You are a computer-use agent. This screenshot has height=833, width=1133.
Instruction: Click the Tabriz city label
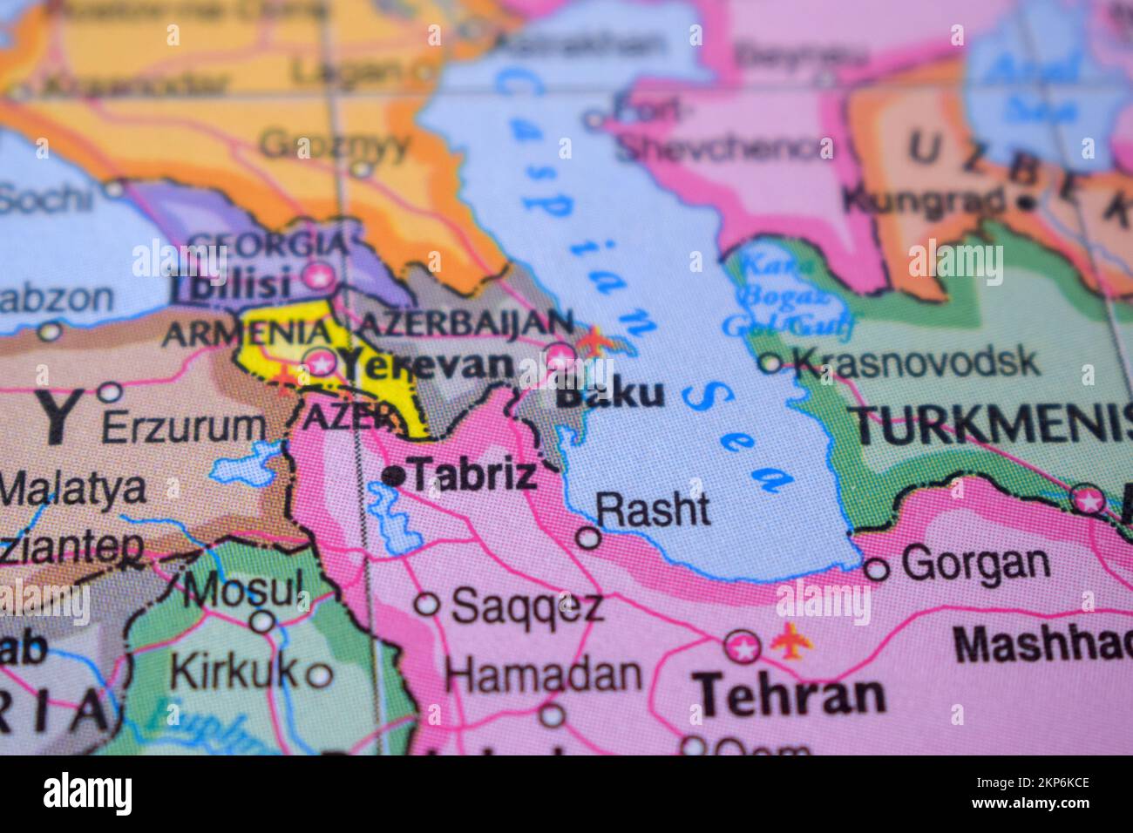(473, 475)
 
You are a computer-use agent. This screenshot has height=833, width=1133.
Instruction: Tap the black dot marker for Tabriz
(395, 476)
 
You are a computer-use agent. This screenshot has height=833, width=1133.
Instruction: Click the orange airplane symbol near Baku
(595, 339)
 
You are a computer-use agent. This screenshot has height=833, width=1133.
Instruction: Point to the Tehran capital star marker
(743, 647)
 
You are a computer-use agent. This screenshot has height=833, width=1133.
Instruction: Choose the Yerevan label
(425, 364)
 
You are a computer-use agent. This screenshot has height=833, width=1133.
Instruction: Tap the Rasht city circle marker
(589, 538)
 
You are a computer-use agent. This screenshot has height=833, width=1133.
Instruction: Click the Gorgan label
(975, 564)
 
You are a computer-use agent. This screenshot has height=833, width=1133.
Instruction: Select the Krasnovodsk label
(917, 361)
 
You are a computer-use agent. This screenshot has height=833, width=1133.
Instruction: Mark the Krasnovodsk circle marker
(770, 362)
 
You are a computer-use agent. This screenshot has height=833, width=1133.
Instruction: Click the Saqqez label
(527, 605)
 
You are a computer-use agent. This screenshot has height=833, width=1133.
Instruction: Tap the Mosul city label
(243, 590)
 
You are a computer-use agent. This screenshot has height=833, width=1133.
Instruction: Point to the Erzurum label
(183, 427)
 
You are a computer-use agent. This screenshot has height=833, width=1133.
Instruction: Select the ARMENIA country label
(248, 333)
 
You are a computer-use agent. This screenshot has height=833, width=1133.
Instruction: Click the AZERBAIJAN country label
(467, 322)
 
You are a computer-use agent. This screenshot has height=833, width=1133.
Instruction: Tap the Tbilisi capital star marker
(318, 277)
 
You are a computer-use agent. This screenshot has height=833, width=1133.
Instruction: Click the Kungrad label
(924, 201)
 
